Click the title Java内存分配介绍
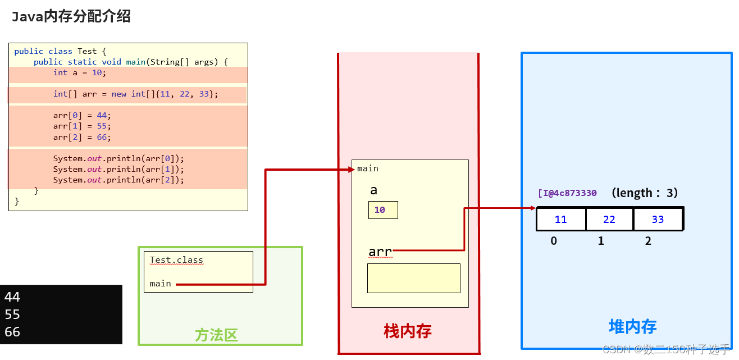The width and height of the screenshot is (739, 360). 71,17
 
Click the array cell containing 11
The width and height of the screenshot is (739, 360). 560,220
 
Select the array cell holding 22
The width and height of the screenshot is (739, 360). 609,220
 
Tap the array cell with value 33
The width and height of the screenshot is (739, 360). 658,220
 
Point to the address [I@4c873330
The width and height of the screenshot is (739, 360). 567,193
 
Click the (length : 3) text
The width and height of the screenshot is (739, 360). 645,193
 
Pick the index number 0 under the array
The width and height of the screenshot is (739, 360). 554,241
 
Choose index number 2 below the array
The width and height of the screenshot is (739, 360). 648,241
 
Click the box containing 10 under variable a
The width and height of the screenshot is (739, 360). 383,210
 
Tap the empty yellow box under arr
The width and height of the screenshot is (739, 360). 413,278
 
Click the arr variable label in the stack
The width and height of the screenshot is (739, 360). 380,252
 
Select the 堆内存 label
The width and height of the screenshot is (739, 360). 632,327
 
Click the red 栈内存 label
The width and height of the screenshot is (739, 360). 408,331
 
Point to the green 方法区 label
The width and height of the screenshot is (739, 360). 216,335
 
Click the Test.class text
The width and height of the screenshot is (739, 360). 176,261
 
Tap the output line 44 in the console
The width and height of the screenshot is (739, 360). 12,297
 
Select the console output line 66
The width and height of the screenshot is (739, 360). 12,332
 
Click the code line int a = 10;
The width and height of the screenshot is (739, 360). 79,73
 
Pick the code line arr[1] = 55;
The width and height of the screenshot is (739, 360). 82,126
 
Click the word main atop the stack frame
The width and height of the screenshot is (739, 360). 368,168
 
